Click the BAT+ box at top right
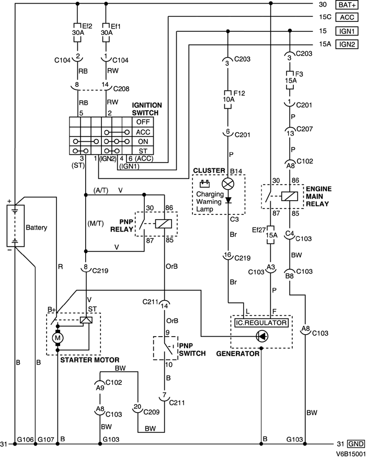click(x=348, y=5)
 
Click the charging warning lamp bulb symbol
click(x=227, y=184)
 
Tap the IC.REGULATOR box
click(x=260, y=323)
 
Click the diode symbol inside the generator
click(x=260, y=337)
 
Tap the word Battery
click(x=36, y=227)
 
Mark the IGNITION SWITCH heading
click(x=143, y=108)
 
